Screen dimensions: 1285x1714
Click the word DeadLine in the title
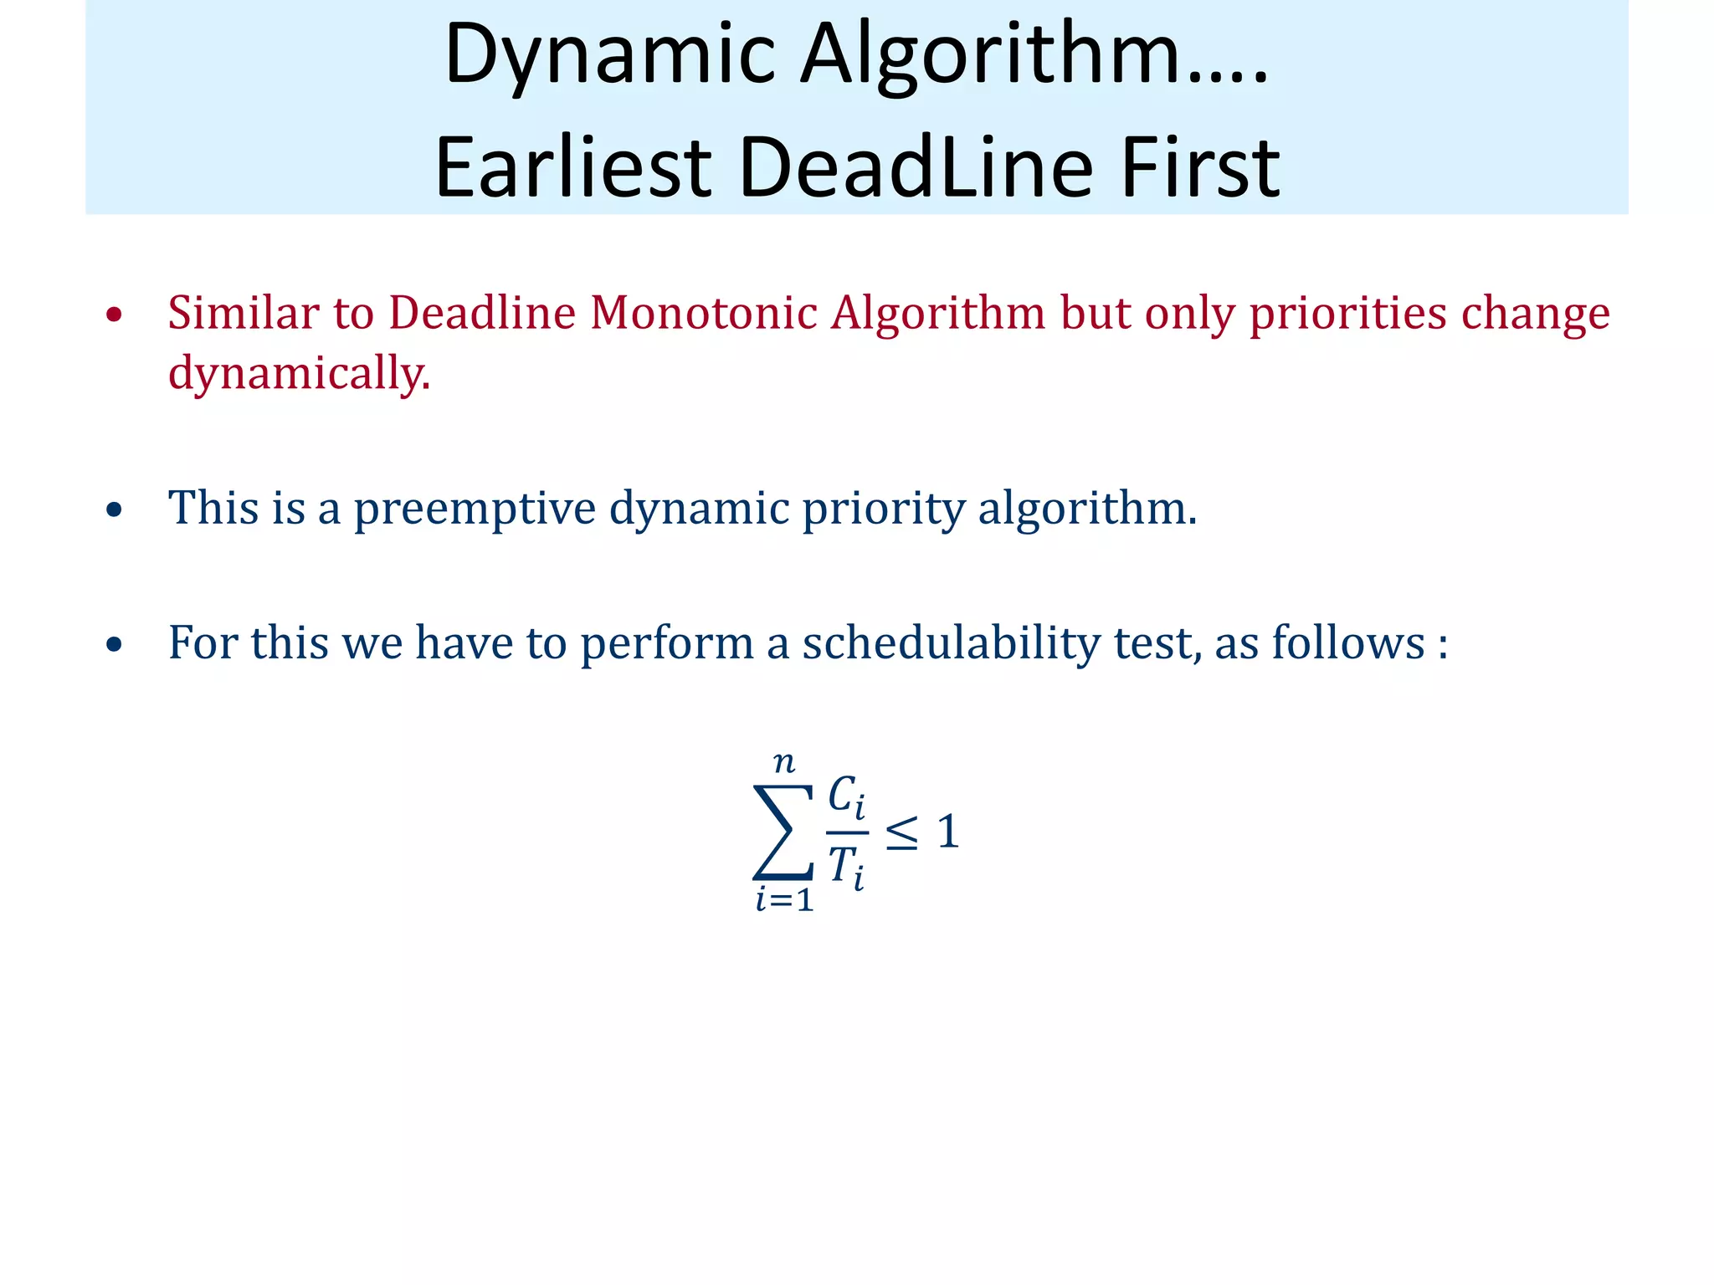pos(916,167)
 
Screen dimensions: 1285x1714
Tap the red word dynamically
pos(299,373)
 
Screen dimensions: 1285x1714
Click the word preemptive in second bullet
pos(474,508)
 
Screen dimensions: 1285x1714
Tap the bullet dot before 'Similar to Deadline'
pos(115,315)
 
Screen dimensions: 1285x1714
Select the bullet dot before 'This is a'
pos(115,510)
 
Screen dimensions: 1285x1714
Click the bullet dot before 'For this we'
pos(115,645)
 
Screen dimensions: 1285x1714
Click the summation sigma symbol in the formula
pos(783,832)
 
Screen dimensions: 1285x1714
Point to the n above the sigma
pos(783,762)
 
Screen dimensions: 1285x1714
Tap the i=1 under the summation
pos(784,900)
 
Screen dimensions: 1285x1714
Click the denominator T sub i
pos(846,867)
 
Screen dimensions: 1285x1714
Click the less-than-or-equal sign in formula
pos(901,833)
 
